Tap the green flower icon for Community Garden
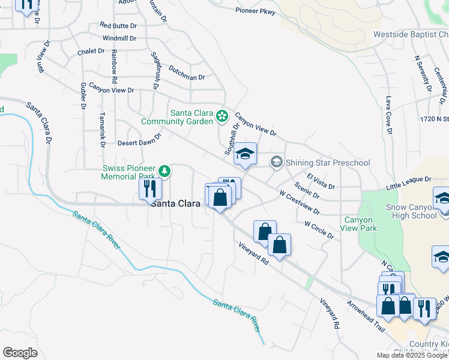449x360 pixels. (x=222, y=115)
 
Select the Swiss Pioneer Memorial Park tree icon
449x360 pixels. (x=164, y=172)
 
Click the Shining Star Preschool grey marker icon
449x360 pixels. (x=276, y=162)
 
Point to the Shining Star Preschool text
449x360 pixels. (x=328, y=163)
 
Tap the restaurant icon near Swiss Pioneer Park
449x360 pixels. (x=149, y=188)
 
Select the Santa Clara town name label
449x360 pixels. (x=175, y=204)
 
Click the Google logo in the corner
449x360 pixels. (x=20, y=352)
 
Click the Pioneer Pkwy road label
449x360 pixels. (x=256, y=10)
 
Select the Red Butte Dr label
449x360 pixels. (x=119, y=25)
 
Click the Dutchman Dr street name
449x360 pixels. (x=187, y=73)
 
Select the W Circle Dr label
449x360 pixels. (x=319, y=231)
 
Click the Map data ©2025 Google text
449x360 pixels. (x=412, y=355)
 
